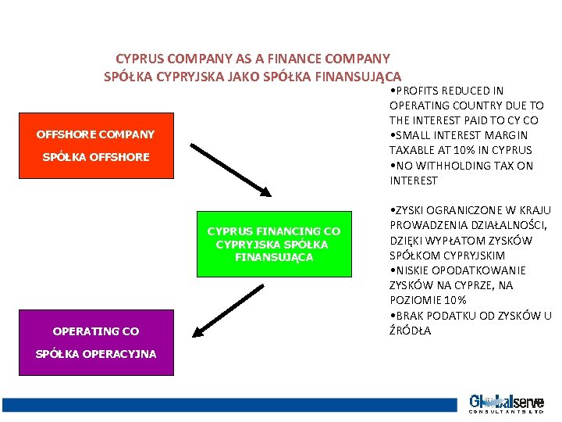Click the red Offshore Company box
pos(96,145)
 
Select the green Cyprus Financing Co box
pos(273,244)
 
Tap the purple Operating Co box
pos(96,342)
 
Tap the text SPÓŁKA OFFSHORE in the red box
pos(96,157)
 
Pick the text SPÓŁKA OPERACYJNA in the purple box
pos(96,354)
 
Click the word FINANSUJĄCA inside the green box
pos(273,257)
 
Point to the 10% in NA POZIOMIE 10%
pos(454,300)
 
